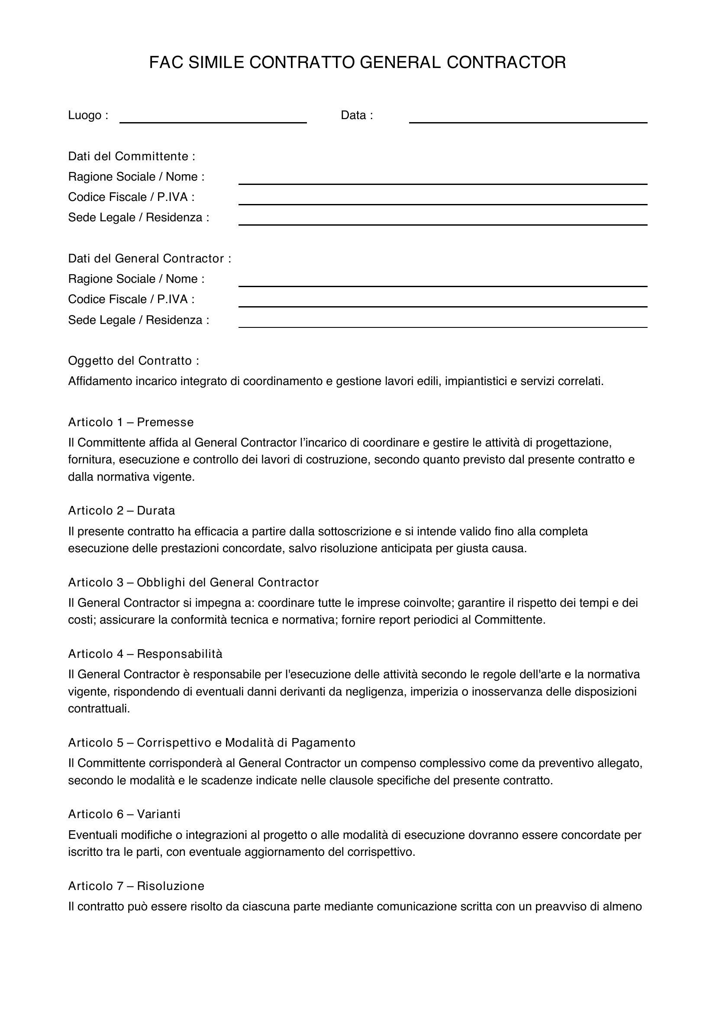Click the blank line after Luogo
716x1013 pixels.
(213, 119)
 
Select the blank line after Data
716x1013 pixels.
(528, 119)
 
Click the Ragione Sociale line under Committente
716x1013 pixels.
(443, 181)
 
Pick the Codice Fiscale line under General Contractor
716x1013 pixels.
(443, 304)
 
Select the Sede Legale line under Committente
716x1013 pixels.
(443, 221)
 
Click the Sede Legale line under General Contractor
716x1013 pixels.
(443, 324)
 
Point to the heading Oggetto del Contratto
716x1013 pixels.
(134, 361)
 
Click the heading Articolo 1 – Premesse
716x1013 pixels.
(130, 422)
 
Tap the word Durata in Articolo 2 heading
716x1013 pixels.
(156, 511)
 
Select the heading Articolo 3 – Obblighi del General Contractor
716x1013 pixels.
(193, 583)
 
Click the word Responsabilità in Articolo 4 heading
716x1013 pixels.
(180, 654)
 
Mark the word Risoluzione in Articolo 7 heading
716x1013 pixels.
(170, 886)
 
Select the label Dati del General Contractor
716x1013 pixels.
(149, 259)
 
